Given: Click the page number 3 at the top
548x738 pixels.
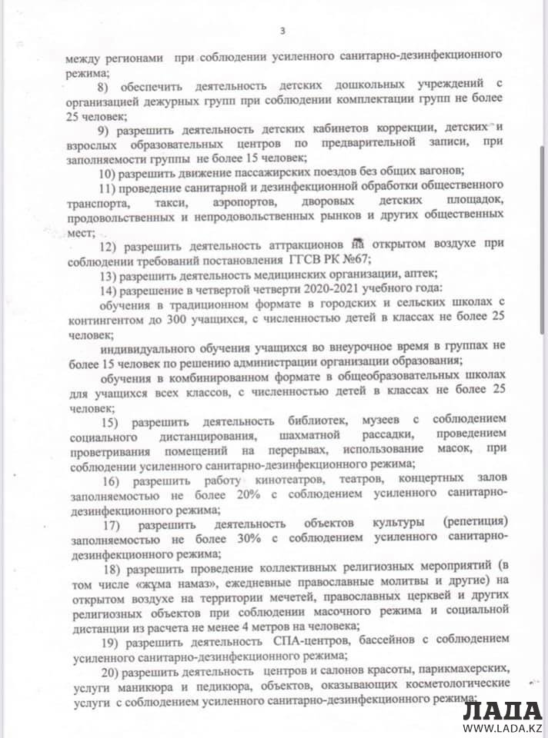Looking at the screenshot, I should click(282, 31).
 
